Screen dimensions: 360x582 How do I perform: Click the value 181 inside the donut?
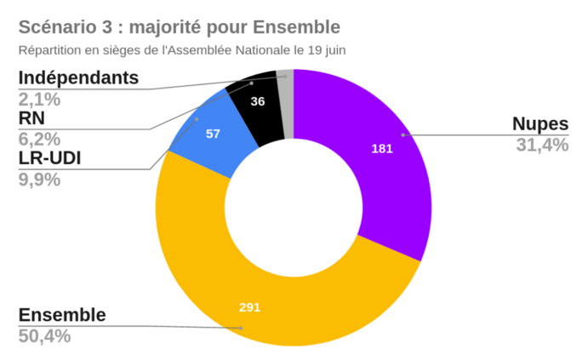tap(382, 149)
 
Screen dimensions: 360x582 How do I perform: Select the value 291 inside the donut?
tap(248, 307)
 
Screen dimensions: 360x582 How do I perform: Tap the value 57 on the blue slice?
tap(213, 134)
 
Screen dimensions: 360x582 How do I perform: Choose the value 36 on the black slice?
tap(257, 101)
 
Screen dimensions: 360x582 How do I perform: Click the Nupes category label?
tap(540, 124)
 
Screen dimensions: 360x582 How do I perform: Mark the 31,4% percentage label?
tap(542, 145)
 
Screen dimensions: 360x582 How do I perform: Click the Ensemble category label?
tap(62, 315)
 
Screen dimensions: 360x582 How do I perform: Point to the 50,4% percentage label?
tap(44, 335)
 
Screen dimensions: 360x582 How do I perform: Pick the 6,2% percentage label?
tap(39, 138)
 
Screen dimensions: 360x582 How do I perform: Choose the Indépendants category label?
tap(78, 78)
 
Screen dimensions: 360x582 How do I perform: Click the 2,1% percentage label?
tap(39, 99)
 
